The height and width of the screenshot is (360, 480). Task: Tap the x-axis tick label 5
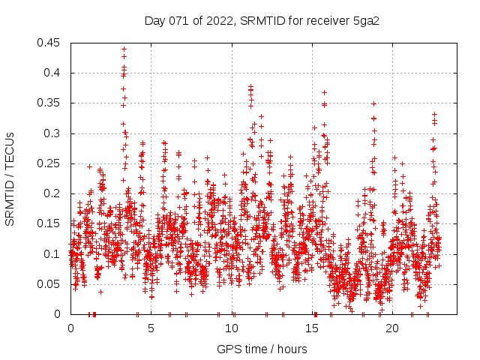pos(151,328)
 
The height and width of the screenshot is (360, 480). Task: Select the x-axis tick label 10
pos(232,328)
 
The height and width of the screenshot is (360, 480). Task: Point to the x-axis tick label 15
pos(312,328)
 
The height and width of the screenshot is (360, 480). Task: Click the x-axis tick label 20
pos(392,328)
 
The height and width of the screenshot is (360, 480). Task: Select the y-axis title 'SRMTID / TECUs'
pos(10,178)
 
